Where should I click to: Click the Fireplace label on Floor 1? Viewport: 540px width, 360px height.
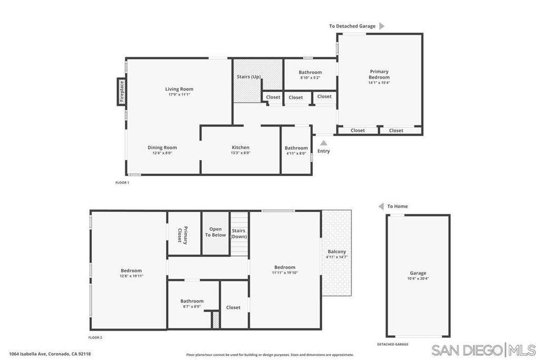pyautogui.click(x=121, y=92)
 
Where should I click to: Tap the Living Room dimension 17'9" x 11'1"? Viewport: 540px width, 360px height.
pyautogui.click(x=179, y=95)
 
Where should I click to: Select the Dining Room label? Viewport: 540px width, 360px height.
pyautogui.click(x=162, y=148)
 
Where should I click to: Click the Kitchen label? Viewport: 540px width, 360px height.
pyautogui.click(x=240, y=148)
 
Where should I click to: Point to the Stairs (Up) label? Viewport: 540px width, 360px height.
pyautogui.click(x=249, y=77)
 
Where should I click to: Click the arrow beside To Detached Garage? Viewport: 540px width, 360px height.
pyautogui.click(x=382, y=26)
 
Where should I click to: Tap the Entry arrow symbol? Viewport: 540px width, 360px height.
pyautogui.click(x=324, y=142)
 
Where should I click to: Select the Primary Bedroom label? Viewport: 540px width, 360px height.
pyautogui.click(x=379, y=74)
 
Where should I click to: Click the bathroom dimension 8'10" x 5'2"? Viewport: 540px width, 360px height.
pyautogui.click(x=310, y=78)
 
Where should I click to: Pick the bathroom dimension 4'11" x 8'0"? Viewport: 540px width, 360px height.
pyautogui.click(x=296, y=153)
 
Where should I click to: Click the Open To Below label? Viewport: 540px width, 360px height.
pyautogui.click(x=216, y=232)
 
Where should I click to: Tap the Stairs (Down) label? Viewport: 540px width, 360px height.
pyautogui.click(x=239, y=233)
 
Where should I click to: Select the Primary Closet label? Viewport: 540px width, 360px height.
pyautogui.click(x=182, y=235)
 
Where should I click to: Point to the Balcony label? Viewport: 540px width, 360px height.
pyautogui.click(x=337, y=251)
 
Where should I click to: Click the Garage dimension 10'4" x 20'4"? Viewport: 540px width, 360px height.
pyautogui.click(x=418, y=278)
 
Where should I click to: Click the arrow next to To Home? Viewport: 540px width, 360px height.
pyautogui.click(x=381, y=206)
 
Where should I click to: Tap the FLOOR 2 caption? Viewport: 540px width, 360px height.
pyautogui.click(x=95, y=337)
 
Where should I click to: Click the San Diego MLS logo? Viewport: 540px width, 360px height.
pyautogui.click(x=484, y=349)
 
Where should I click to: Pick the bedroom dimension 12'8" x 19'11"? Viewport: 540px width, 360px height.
pyautogui.click(x=131, y=276)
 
